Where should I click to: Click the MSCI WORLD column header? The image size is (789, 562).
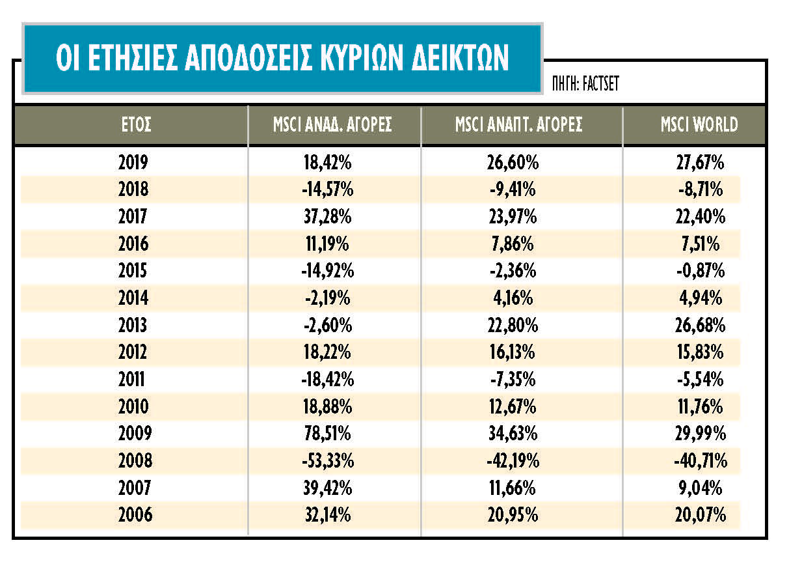click(x=699, y=124)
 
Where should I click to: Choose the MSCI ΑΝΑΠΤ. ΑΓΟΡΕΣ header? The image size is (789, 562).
click(x=518, y=124)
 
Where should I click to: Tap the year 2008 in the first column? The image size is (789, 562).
click(x=135, y=460)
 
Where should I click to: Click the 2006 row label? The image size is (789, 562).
click(x=135, y=515)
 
